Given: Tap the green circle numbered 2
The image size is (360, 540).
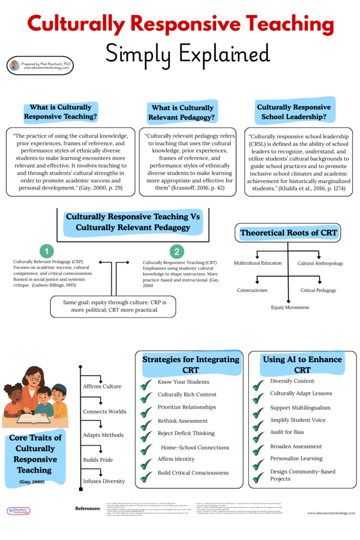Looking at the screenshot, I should [177, 252].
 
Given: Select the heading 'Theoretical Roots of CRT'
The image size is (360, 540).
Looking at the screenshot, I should [288, 233].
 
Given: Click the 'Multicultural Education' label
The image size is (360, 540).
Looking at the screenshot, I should [258, 263].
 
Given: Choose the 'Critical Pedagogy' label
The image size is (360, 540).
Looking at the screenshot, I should [318, 290].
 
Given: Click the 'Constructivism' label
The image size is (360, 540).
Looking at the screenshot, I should [252, 290].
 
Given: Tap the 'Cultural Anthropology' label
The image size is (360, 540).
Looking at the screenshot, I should [320, 263].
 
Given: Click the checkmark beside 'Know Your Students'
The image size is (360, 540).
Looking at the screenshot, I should [146, 384].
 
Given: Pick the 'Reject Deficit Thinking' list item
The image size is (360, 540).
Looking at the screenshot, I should [186, 433].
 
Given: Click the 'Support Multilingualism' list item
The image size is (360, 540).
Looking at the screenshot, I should [300, 408].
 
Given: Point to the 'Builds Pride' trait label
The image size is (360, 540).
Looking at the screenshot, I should [98, 460].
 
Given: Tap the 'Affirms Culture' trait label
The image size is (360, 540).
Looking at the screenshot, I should [102, 386].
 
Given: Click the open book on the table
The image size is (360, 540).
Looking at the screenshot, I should [32, 419].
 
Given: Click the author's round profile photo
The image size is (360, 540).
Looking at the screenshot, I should [15, 65].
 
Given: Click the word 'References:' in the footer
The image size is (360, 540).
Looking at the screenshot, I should [88, 508].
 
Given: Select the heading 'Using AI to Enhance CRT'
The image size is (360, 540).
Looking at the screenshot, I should [302, 364].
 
